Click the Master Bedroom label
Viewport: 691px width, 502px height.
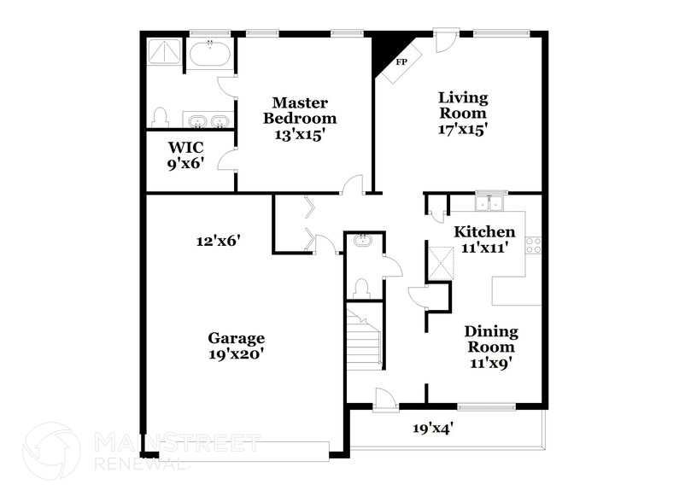point(299,120)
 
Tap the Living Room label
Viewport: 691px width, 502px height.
point(462,113)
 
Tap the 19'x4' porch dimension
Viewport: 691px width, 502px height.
point(432,429)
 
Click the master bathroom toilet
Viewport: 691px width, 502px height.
point(160,116)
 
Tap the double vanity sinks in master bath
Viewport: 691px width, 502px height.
point(206,120)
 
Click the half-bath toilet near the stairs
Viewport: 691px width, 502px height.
point(360,288)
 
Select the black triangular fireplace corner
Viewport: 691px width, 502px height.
point(382,52)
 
